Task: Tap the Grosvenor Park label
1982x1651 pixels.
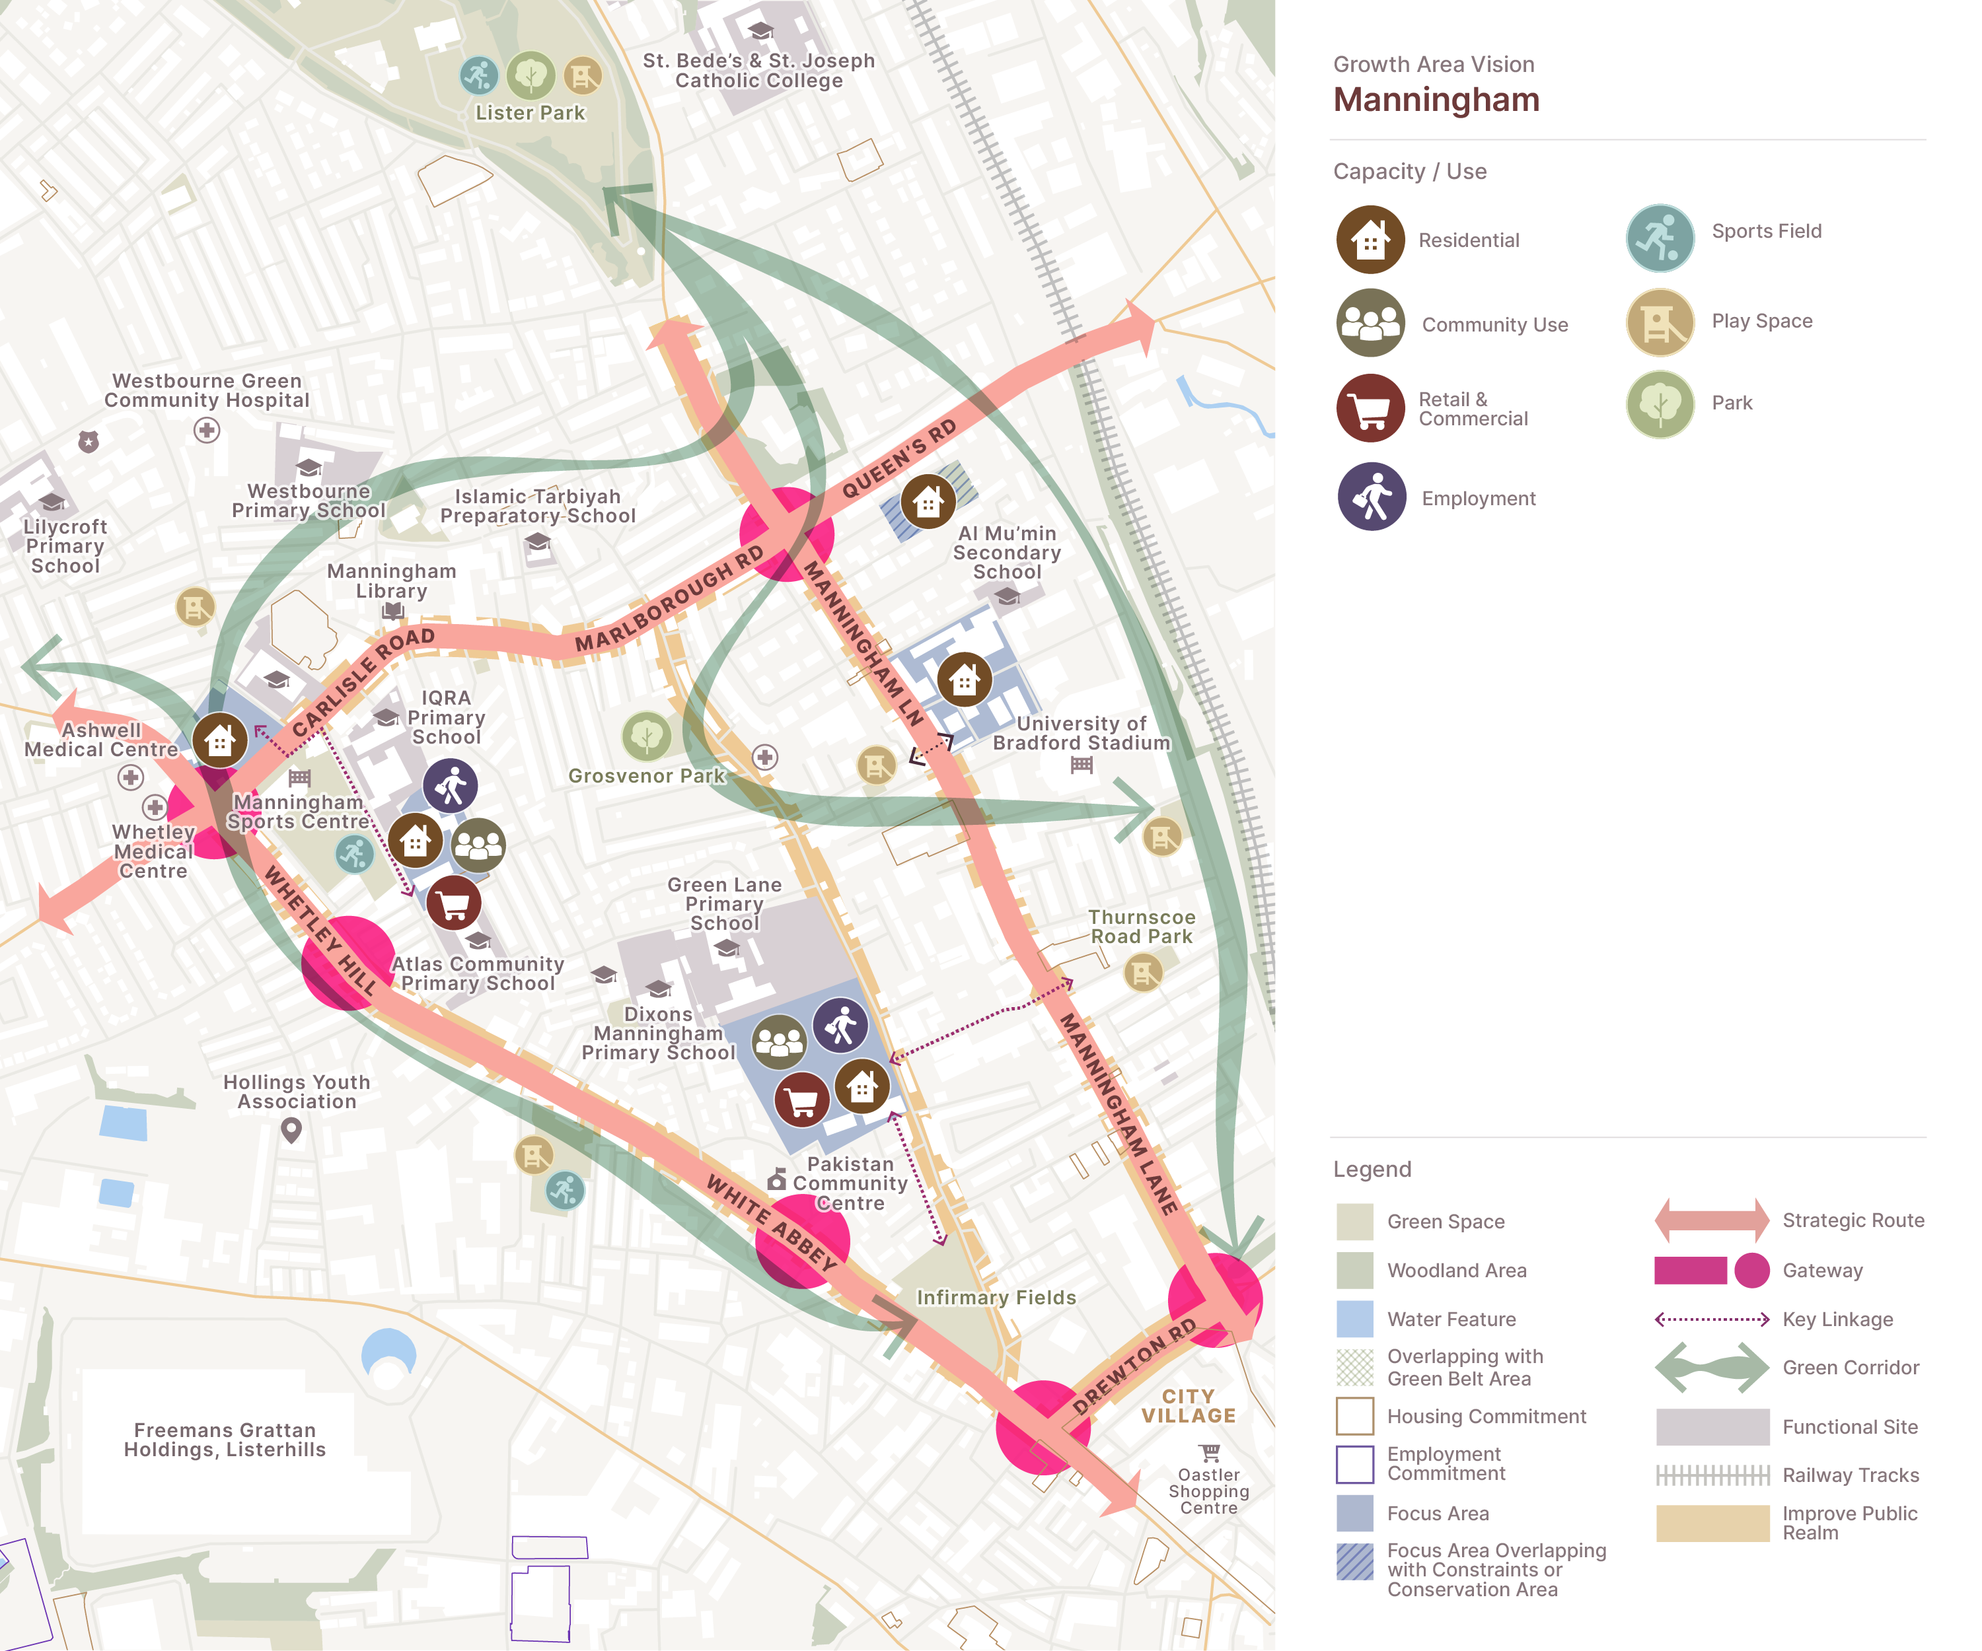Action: pyautogui.click(x=647, y=775)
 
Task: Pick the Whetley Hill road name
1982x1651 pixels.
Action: pyautogui.click(x=321, y=929)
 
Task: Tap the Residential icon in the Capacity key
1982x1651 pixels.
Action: pyautogui.click(x=1370, y=240)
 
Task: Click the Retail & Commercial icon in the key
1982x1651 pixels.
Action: pyautogui.click(x=1370, y=407)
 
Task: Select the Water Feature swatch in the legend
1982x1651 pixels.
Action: pyautogui.click(x=1354, y=1319)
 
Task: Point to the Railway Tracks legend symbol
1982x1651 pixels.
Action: pyautogui.click(x=1712, y=1475)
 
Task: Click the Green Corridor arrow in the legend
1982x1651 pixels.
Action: pyautogui.click(x=1712, y=1367)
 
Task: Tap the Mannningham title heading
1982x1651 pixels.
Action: pyautogui.click(x=1436, y=99)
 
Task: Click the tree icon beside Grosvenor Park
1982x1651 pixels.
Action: pyautogui.click(x=647, y=736)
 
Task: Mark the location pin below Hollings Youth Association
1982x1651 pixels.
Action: pyautogui.click(x=291, y=1129)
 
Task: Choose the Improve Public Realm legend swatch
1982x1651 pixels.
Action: pyautogui.click(x=1712, y=1523)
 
